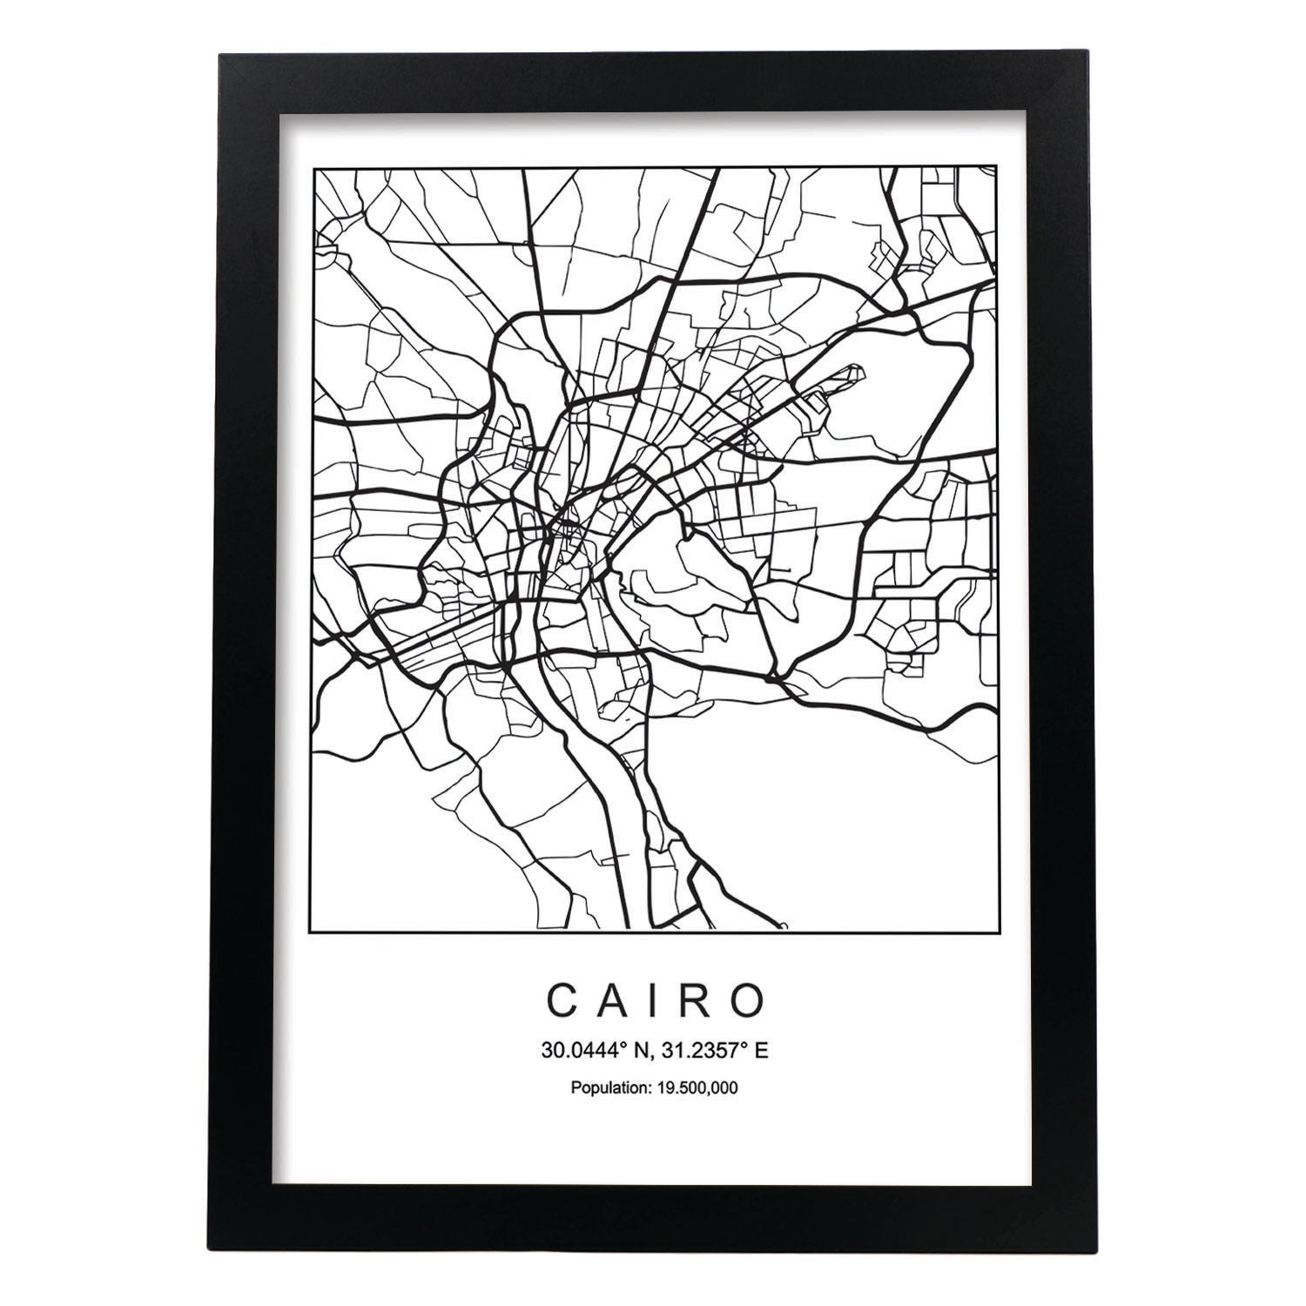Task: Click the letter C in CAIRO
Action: [562, 1001]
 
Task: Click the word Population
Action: [605, 1087]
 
